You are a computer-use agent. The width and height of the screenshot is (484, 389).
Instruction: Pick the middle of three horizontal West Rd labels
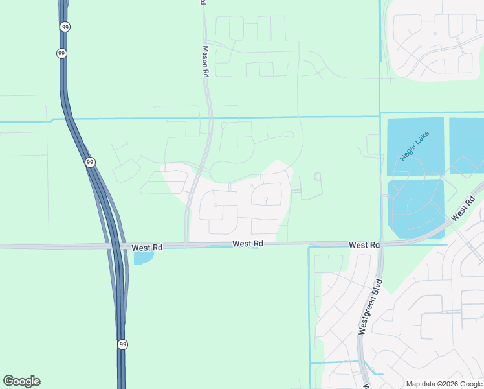coord(248,244)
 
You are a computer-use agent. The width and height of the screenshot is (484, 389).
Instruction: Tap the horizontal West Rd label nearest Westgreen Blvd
coord(364,245)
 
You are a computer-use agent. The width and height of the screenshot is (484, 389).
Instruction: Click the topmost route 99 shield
coord(65,27)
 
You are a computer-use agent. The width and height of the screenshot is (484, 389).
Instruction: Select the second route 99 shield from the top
coord(61,53)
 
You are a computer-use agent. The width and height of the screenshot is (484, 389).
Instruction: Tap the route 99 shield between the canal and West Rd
coord(90,162)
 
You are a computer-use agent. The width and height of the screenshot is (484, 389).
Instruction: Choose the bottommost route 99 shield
coord(122,344)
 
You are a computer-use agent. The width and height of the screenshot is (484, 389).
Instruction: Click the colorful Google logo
coord(21,381)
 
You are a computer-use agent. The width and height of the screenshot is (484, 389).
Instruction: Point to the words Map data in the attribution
coord(422,384)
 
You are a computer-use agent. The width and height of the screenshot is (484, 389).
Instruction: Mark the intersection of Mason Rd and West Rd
coord(188,245)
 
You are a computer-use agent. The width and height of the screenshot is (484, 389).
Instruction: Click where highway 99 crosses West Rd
coord(116,246)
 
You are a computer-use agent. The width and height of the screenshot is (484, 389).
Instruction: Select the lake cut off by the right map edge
coord(467,145)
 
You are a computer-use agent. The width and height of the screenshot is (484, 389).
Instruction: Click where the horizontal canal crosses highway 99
coord(69,119)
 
